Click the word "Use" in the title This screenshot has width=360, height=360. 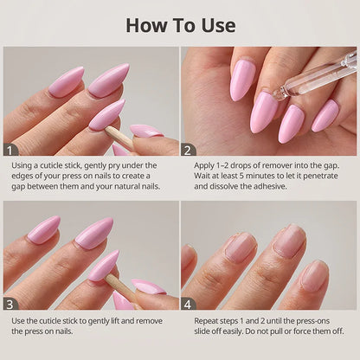[218, 25]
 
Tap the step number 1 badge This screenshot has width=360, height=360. [10, 150]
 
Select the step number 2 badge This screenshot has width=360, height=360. [188, 150]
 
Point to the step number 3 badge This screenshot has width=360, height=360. [10, 304]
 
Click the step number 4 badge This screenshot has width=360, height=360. [188, 304]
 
